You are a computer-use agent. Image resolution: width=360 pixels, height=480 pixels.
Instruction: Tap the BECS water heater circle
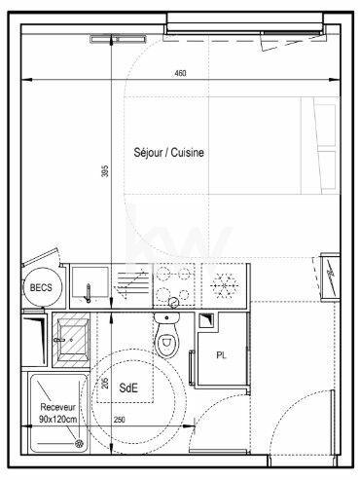[40, 288]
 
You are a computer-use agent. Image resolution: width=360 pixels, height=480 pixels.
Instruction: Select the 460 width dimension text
[179, 74]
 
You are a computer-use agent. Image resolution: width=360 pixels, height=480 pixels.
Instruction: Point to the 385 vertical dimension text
[105, 169]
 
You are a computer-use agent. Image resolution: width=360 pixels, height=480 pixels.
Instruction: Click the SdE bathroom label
[128, 388]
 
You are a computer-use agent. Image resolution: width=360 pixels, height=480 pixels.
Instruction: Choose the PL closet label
[223, 354]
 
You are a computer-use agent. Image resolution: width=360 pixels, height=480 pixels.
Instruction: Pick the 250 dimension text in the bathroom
[120, 420]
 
